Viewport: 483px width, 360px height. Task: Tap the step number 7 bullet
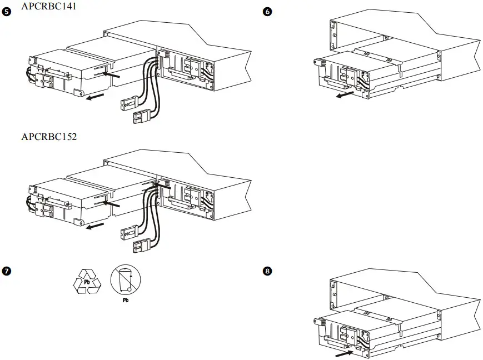(x=7, y=272)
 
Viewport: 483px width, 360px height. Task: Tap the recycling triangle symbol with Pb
(x=88, y=281)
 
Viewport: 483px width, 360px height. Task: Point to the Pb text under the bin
(x=125, y=299)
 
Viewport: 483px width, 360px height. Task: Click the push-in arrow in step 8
(x=343, y=351)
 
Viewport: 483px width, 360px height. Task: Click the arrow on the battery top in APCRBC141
(x=112, y=73)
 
